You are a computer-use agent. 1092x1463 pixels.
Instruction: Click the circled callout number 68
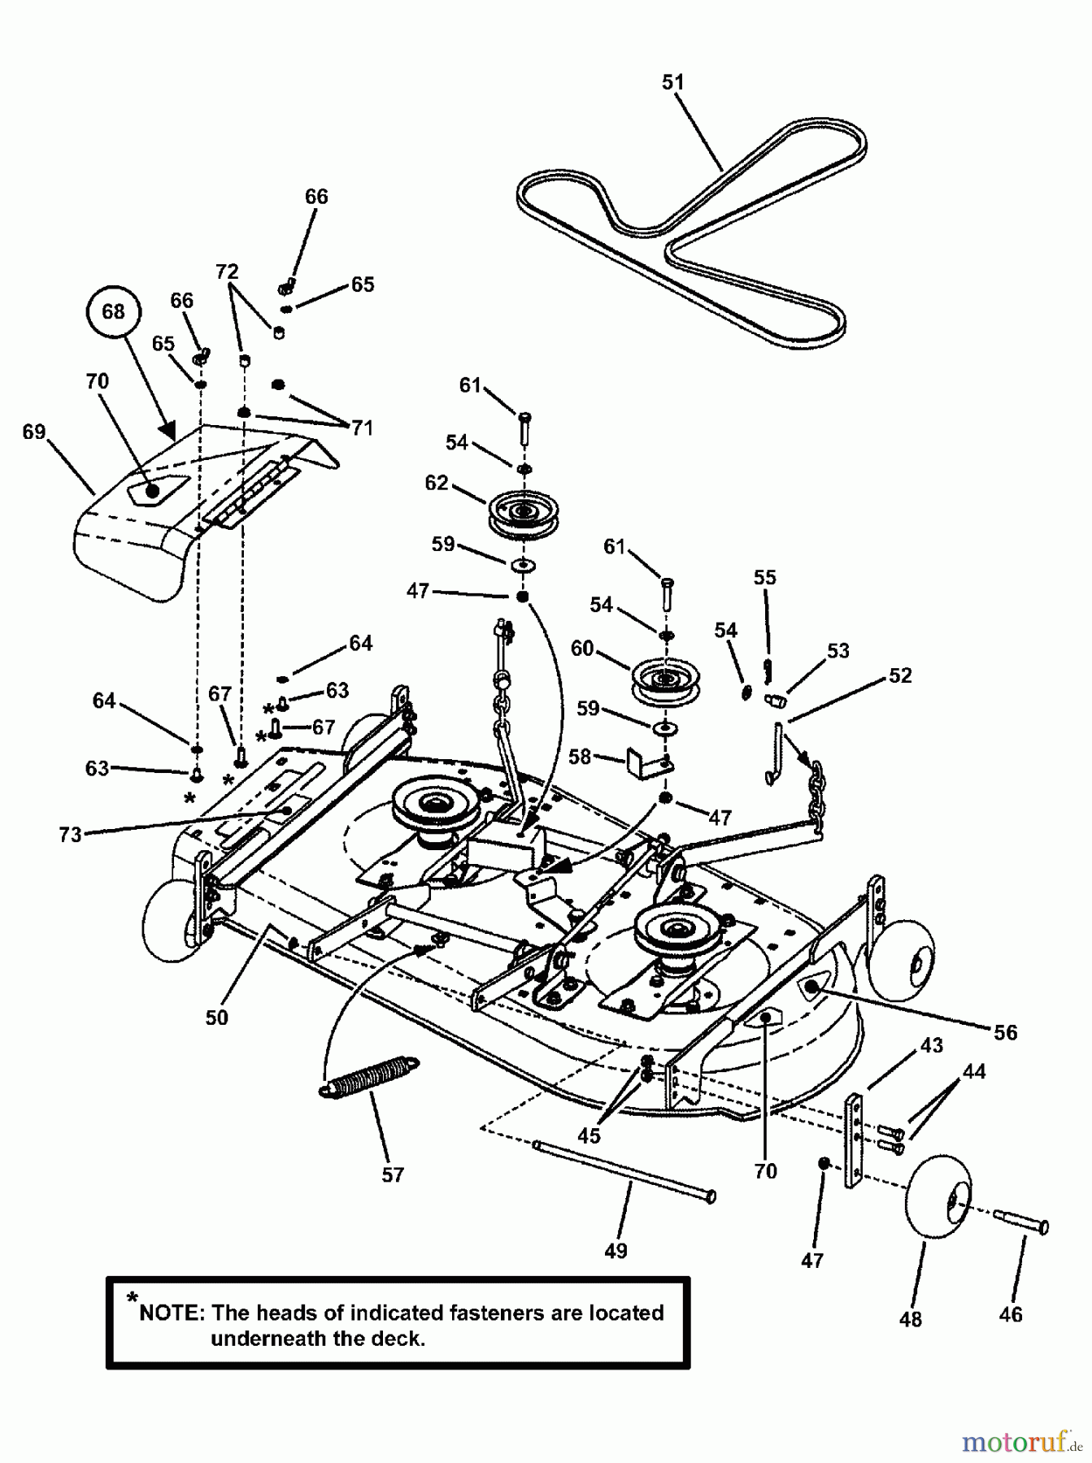tap(113, 311)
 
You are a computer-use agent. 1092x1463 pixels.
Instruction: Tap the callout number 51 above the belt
tap(673, 82)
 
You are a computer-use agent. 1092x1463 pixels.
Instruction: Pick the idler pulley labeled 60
tap(664, 679)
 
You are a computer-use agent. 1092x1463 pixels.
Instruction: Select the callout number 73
tap(71, 835)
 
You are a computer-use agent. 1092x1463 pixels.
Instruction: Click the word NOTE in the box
tap(172, 1313)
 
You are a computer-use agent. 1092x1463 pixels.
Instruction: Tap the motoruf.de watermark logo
tap(1020, 1443)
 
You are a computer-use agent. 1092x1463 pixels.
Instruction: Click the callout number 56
tap(1005, 1032)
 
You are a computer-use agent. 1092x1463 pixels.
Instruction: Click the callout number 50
tap(217, 1017)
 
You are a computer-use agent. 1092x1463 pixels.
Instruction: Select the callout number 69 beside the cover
tap(34, 432)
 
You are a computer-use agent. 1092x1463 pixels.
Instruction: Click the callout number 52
tap(900, 675)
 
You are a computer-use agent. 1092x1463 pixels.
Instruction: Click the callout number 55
tap(764, 577)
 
